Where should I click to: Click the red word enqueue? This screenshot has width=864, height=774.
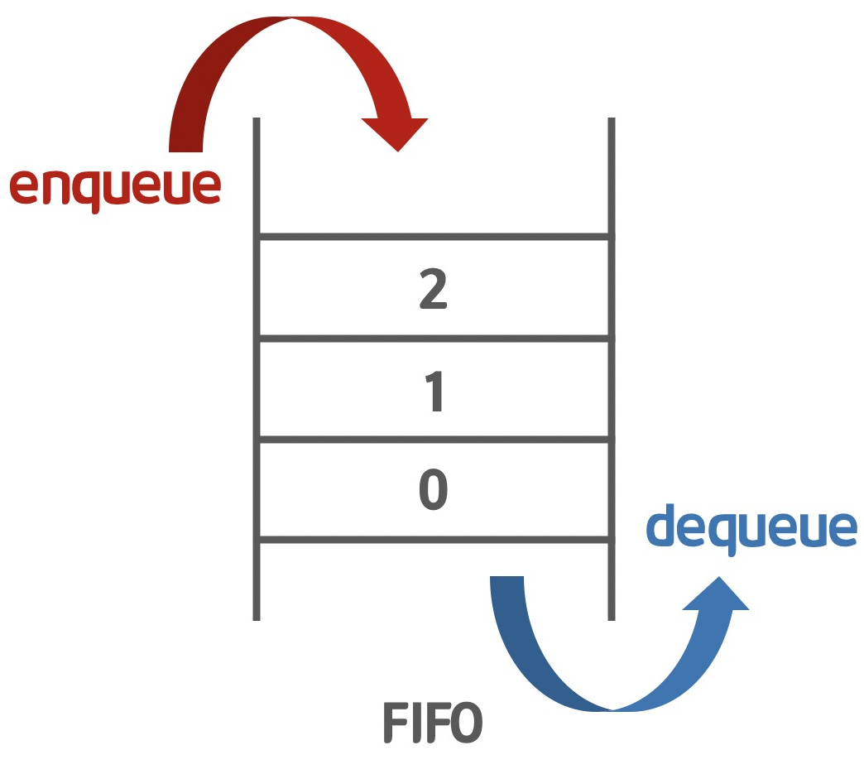coord(115,186)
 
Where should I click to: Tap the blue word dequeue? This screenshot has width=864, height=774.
coord(751,528)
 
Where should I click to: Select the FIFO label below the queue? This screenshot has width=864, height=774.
coord(432,723)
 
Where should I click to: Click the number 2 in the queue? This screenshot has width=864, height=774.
coord(434,289)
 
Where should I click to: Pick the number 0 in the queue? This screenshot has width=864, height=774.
coord(434,491)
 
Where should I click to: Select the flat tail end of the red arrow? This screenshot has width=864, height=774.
coord(186,148)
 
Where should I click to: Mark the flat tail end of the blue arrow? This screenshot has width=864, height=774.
coord(507,579)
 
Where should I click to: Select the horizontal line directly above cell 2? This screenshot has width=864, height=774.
coord(434,238)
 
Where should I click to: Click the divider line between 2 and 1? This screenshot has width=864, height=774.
coord(434,338)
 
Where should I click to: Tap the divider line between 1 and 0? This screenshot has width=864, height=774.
coord(434,440)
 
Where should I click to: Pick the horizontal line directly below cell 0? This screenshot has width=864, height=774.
coord(434,541)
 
